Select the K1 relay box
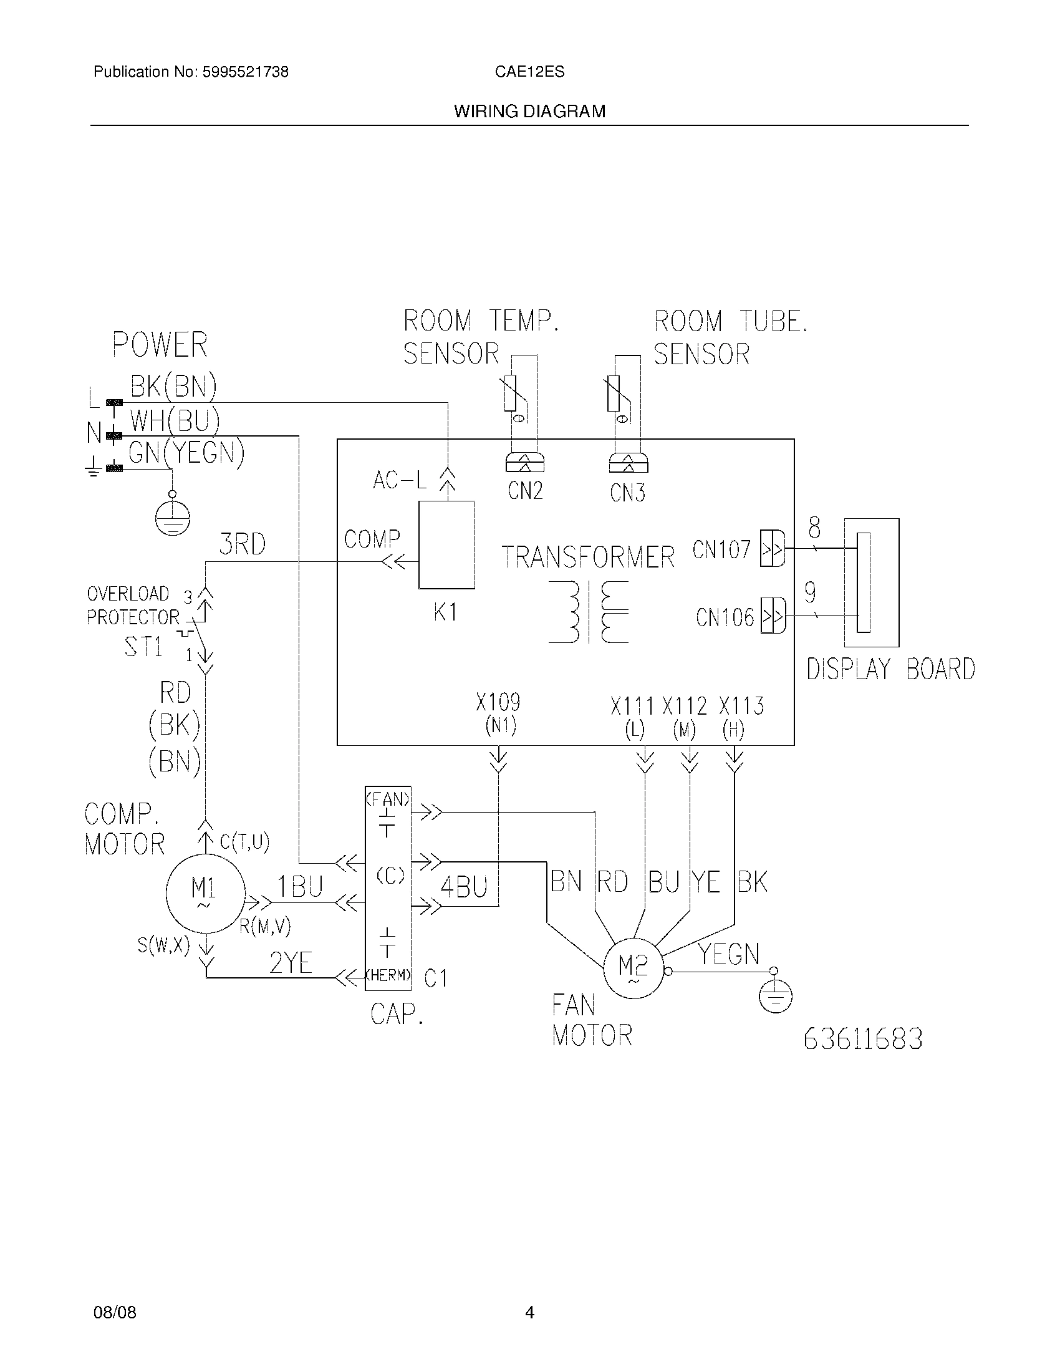coord(446,544)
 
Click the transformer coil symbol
coord(589,612)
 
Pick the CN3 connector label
coord(627,493)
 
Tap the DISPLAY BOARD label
coord(890,669)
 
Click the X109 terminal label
coord(498,702)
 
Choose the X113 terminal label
coord(741,706)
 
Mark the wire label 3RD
coord(243,544)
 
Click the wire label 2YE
coord(291,962)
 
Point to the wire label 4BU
coord(463,887)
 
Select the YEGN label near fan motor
coord(729,954)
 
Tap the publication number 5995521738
coord(245,72)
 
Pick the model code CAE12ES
coord(529,72)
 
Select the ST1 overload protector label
coord(144,646)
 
